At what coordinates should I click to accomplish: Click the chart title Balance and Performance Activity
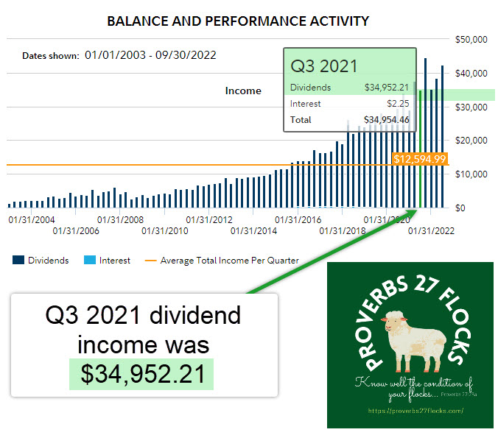click(238, 21)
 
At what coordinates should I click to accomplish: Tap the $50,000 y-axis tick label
click(471, 39)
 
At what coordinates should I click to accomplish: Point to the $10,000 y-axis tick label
click(471, 174)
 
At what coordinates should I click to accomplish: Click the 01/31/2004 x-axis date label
click(31, 219)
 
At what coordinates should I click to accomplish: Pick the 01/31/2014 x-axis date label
click(254, 231)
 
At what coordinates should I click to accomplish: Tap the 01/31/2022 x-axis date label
click(432, 231)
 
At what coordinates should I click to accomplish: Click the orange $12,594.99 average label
click(419, 158)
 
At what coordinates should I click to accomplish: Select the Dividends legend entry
click(41, 260)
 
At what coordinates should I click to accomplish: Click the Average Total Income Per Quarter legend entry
click(222, 260)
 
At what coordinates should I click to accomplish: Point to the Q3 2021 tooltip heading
click(324, 66)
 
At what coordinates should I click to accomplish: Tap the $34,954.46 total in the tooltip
click(386, 119)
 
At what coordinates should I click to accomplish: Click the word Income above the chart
click(243, 91)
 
